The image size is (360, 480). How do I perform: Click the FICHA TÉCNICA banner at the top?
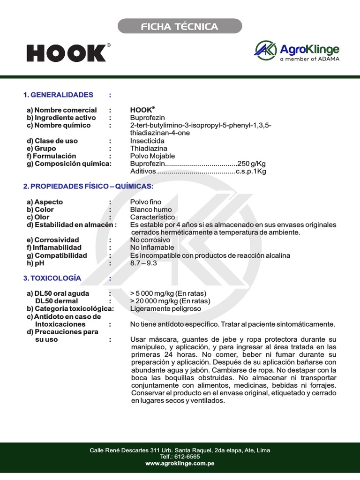point(180,26)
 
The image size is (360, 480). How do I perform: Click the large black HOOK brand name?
point(66,53)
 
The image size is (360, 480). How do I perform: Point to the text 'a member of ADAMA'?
point(309,59)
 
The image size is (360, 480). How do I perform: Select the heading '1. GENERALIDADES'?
point(58,95)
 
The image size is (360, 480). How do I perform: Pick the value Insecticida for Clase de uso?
point(147,141)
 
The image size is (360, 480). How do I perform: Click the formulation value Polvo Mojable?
point(152,156)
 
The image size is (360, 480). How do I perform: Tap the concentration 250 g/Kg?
point(252,163)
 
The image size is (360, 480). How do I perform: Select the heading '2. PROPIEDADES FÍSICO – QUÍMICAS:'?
point(88,187)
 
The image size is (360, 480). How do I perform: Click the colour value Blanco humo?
point(151,210)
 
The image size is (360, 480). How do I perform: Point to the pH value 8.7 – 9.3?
point(143,263)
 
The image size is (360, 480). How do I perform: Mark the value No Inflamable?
point(152,247)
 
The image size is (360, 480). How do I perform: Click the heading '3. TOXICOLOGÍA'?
point(52,278)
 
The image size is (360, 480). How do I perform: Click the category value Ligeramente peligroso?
point(165,309)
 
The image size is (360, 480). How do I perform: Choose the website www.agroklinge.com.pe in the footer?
point(180,463)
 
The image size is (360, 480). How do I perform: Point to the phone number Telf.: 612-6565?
point(180,457)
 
